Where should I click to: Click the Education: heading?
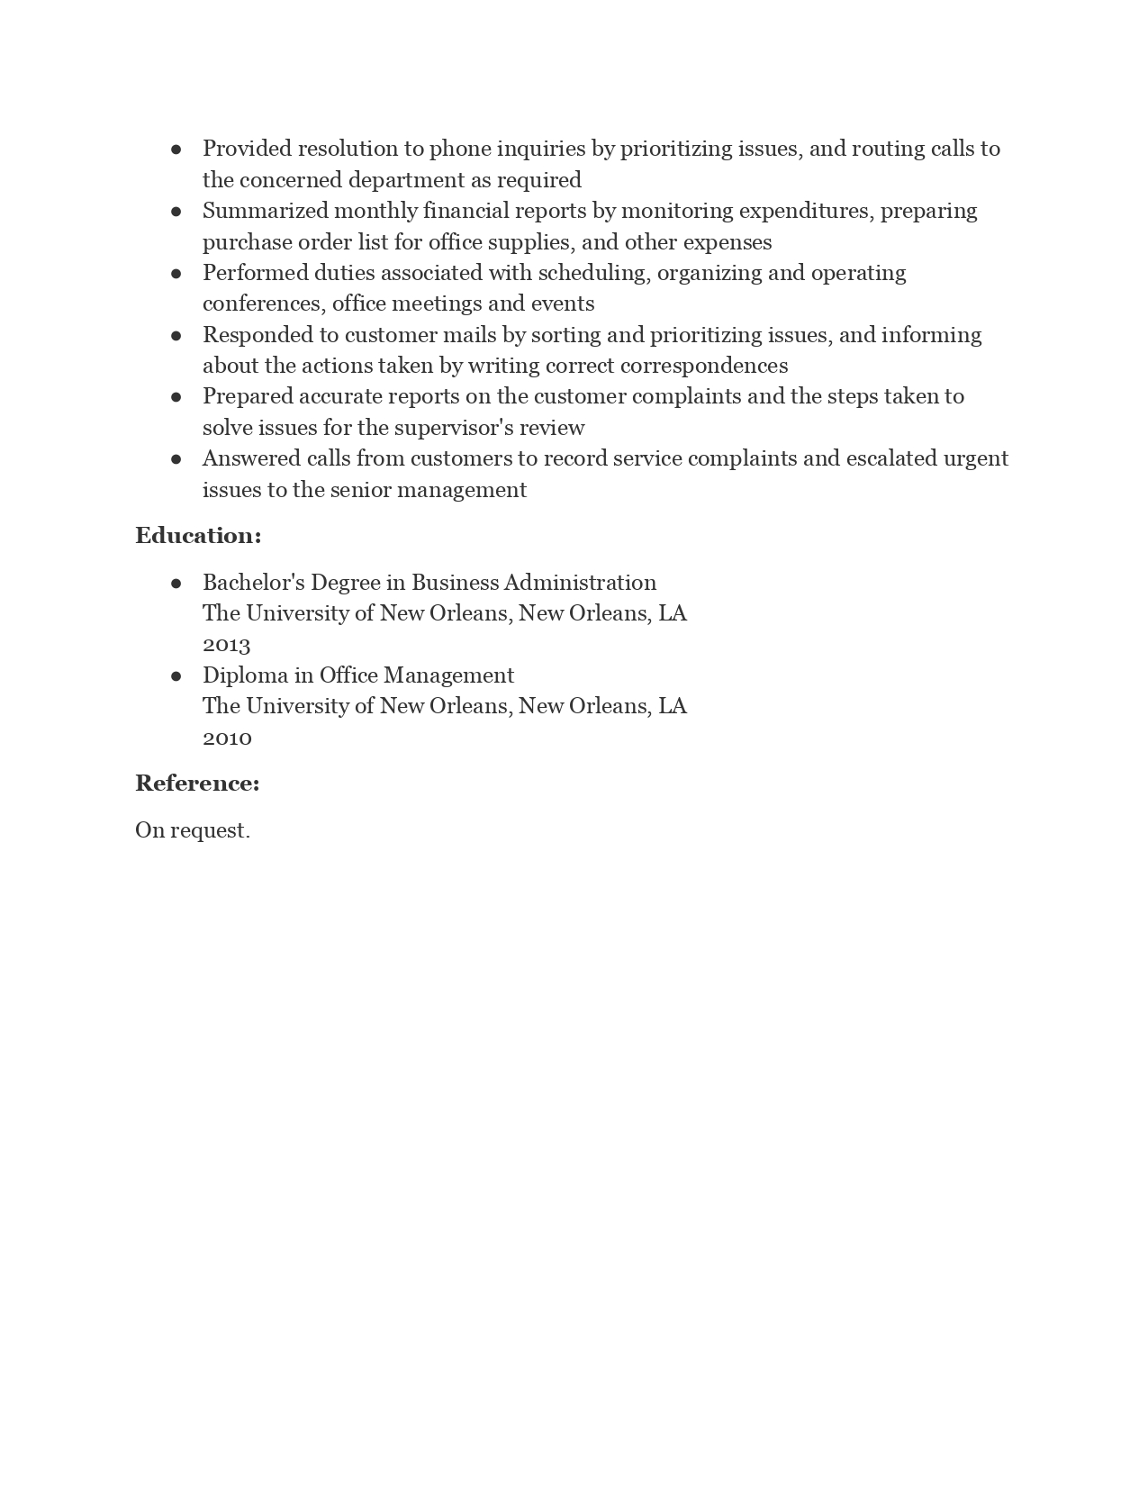198,536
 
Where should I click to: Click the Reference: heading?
197,784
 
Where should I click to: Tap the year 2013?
226,645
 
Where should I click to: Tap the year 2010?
227,738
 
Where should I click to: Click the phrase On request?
193,830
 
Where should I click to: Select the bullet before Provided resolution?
176,149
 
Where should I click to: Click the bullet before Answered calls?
176,458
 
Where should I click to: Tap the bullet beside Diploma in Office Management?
176,675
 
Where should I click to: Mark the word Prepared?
248,396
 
